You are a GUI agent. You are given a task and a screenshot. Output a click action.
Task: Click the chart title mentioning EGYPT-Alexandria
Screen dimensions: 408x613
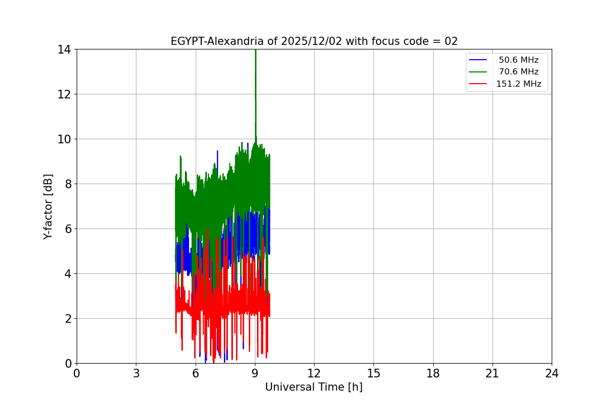click(x=314, y=41)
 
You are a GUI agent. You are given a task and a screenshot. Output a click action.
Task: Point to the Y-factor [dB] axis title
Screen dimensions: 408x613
click(x=48, y=207)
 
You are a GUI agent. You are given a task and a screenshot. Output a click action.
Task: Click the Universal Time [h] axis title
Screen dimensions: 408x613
click(x=314, y=387)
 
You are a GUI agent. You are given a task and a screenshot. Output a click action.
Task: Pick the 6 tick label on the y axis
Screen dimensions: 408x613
click(x=67, y=229)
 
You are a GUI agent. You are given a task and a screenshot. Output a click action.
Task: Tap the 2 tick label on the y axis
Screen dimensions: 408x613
click(x=67, y=319)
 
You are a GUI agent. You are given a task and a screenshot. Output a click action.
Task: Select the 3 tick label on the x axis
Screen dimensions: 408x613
click(x=136, y=374)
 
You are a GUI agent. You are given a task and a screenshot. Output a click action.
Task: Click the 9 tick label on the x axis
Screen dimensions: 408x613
click(x=255, y=374)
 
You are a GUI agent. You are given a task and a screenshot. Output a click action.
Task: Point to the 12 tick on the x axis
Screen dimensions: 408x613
click(x=314, y=374)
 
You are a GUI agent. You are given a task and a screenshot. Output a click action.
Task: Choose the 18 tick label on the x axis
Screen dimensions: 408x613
click(x=433, y=374)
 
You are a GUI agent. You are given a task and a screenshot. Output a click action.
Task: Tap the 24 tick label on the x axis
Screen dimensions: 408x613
click(x=552, y=374)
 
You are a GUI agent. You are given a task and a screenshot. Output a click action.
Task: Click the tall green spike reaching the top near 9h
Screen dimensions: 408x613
click(x=255, y=76)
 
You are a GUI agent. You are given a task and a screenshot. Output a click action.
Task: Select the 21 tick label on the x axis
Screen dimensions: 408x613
click(x=492, y=374)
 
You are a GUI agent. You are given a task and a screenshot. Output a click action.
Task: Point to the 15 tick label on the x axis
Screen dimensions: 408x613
click(x=373, y=374)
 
